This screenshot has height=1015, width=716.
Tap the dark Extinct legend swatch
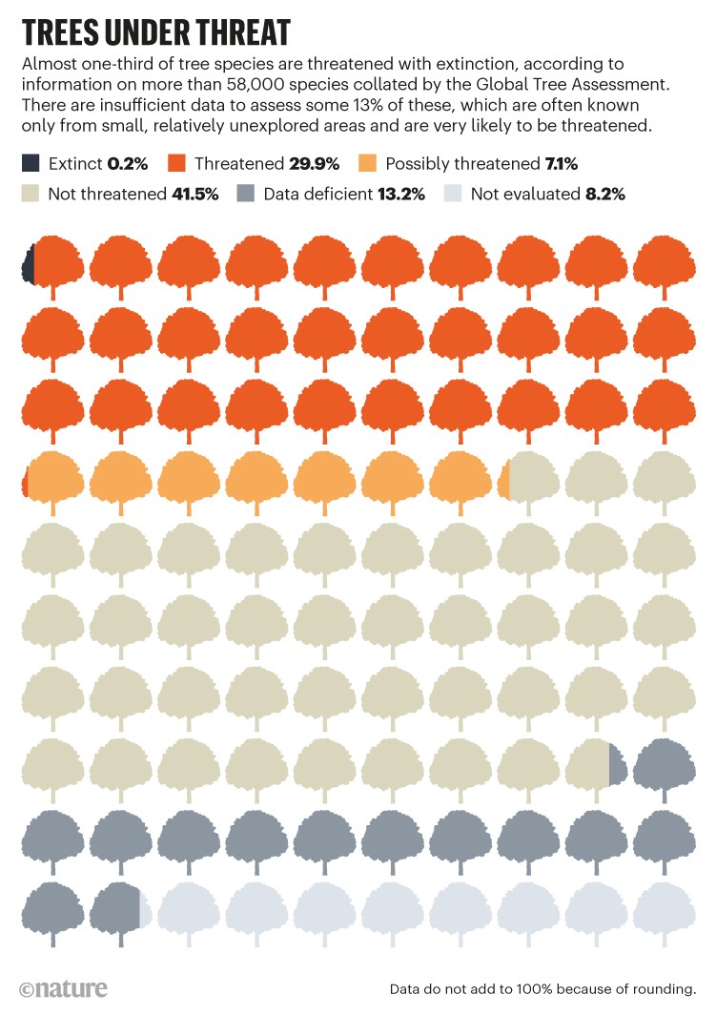(31, 163)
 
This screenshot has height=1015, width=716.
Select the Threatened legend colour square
(177, 163)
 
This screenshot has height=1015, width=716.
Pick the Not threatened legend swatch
(31, 194)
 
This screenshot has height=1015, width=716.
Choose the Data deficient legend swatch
(246, 194)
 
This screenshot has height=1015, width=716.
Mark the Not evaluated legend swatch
(453, 194)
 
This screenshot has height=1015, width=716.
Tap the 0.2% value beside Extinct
(128, 163)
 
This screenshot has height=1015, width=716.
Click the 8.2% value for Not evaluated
(604, 194)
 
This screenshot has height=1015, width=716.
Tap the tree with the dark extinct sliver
(52, 262)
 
